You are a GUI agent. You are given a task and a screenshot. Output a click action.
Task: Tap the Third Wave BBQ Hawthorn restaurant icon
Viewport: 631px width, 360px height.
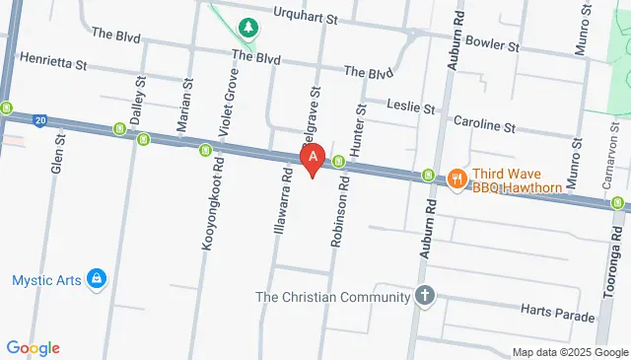[456, 179]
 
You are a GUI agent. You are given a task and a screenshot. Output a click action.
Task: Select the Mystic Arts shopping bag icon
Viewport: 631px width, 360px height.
[96, 280]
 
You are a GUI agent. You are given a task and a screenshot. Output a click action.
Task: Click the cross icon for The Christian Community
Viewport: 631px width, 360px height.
[424, 297]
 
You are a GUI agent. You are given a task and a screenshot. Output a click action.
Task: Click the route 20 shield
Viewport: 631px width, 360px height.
[38, 120]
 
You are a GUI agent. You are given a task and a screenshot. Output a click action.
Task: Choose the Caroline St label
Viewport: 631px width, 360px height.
[483, 126]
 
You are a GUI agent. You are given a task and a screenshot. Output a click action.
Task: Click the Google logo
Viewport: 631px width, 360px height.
[33, 347]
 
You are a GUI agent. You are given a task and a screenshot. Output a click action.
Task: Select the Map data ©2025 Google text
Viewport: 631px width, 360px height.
[569, 352]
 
